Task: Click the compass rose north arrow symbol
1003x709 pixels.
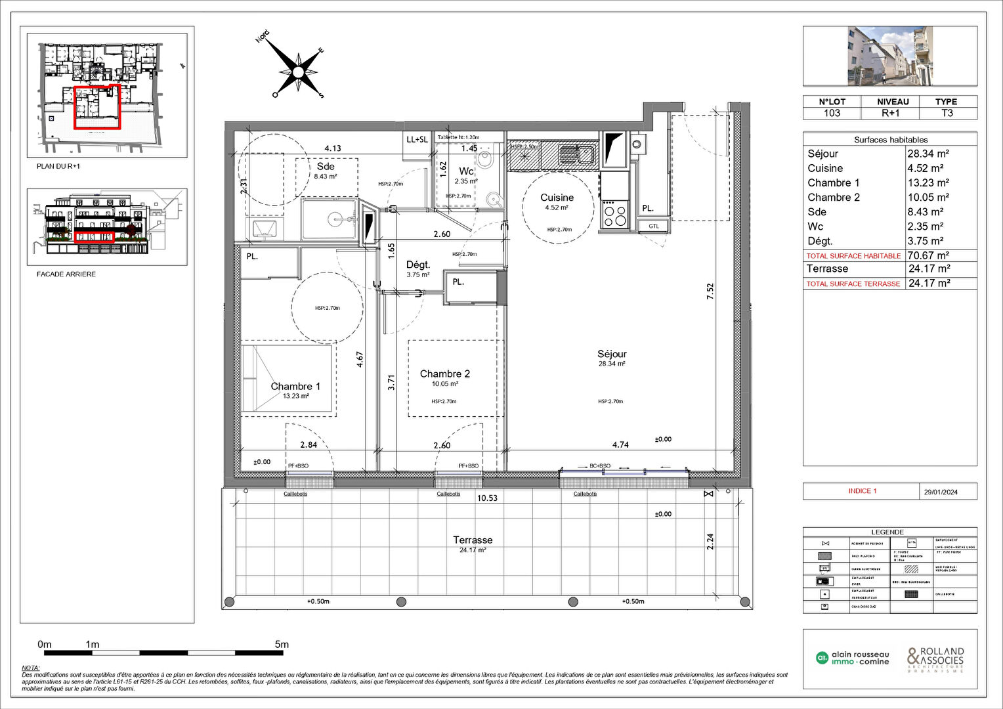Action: coord(298,71)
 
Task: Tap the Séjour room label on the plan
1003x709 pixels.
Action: coord(612,354)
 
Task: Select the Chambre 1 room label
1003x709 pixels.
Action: coord(295,386)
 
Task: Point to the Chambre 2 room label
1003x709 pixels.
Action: coord(444,374)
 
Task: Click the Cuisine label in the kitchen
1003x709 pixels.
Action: coord(557,198)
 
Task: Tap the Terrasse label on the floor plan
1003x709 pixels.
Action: coord(473,540)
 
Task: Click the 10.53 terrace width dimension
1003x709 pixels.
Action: coord(487,498)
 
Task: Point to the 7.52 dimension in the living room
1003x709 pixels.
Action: coord(710,291)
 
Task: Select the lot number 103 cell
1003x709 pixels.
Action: coord(832,113)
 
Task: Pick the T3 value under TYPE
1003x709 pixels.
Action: coord(947,113)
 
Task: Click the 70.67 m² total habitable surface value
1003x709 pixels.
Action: coord(928,255)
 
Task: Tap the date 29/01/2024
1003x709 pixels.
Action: coord(940,492)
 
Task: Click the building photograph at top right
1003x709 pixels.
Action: coord(889,56)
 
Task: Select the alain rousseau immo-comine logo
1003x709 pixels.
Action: coord(852,658)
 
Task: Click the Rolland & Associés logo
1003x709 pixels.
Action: coord(935,658)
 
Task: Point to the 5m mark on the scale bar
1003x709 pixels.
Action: coord(282,645)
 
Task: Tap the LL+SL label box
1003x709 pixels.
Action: coord(417,139)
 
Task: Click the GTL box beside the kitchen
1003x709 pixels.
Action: coord(654,226)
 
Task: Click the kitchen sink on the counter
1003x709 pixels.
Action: coord(577,155)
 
